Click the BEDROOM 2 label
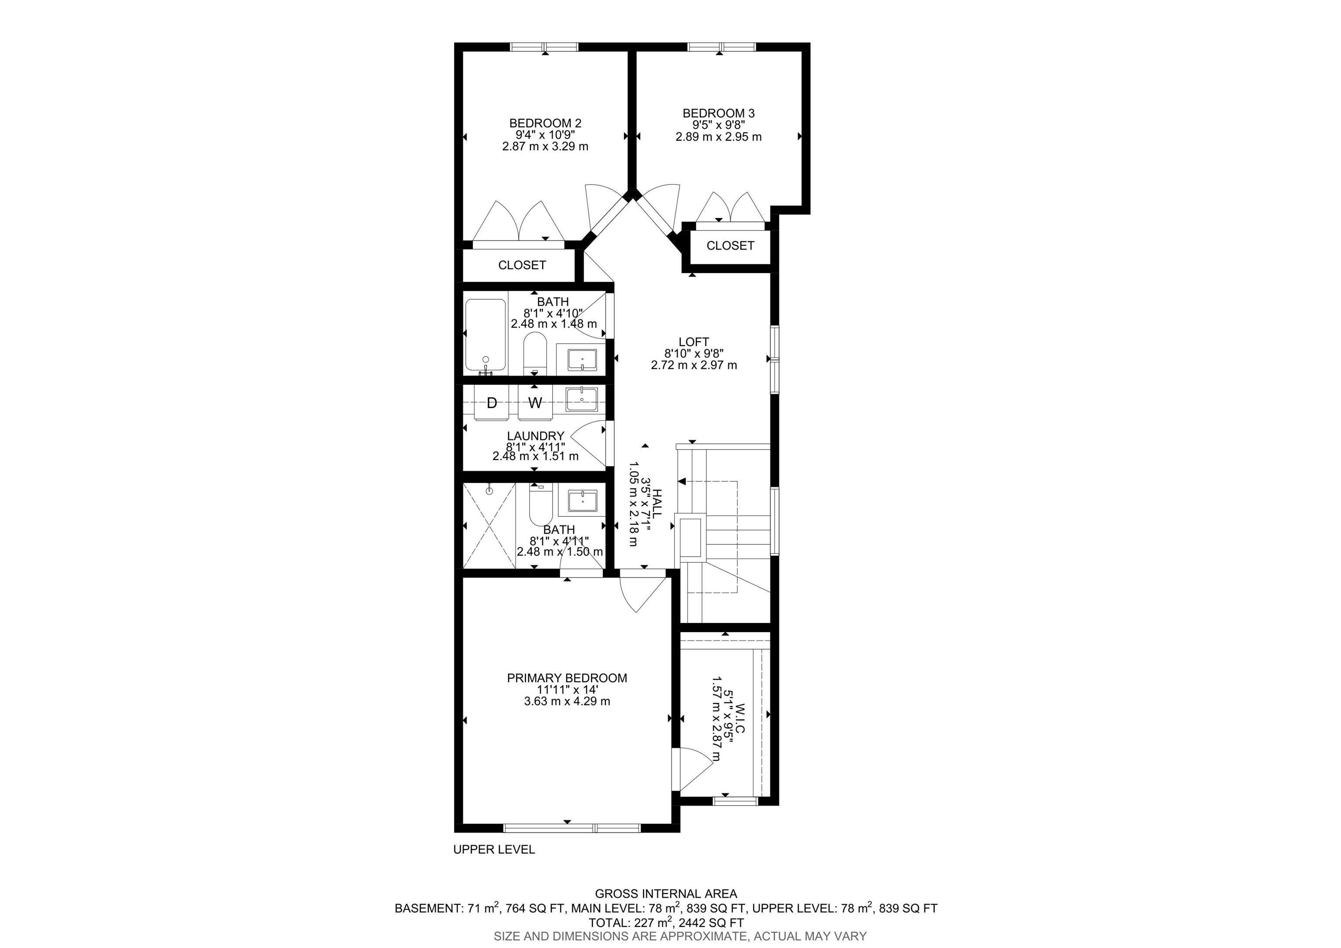[545, 123]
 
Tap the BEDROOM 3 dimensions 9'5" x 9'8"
[719, 125]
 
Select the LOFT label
[694, 342]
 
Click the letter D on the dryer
[492, 403]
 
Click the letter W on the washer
[535, 403]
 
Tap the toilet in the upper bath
[534, 353]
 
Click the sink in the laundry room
[582, 400]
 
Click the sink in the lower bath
[582, 502]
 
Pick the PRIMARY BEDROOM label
[567, 678]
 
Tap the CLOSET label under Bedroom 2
[522, 265]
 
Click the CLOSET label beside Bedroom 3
[730, 246]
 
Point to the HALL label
[657, 505]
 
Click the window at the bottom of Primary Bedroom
[572, 827]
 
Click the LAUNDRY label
[535, 436]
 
